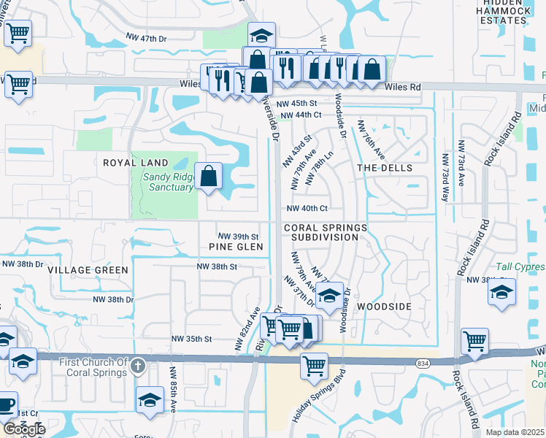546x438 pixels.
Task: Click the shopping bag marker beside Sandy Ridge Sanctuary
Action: [x=209, y=176]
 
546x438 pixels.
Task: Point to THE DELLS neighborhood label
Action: [x=385, y=168]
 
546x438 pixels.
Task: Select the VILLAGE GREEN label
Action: [x=88, y=270]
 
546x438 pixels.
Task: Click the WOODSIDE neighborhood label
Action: [x=385, y=307]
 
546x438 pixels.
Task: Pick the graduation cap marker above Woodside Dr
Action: [x=330, y=296]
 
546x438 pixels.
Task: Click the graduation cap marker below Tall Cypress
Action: [x=501, y=293]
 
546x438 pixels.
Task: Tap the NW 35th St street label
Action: [x=191, y=339]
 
